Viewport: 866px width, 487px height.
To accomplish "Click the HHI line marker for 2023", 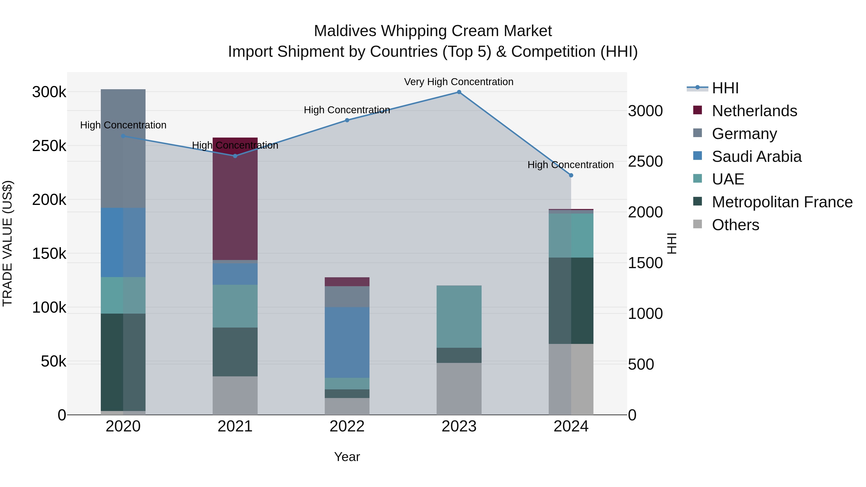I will pyautogui.click(x=459, y=92).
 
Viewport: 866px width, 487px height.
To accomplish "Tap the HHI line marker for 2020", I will pyautogui.click(x=123, y=136).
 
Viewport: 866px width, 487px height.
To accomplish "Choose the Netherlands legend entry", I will pyautogui.click(x=754, y=111).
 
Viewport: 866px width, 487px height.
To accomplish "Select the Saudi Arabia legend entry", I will pyautogui.click(x=756, y=157).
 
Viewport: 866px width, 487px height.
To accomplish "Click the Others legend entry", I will pyautogui.click(x=735, y=225).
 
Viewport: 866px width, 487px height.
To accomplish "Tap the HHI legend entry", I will pyautogui.click(x=725, y=88).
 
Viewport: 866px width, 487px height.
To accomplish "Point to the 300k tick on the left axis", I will pyautogui.click(x=49, y=92).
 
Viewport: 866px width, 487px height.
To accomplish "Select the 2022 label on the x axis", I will pyautogui.click(x=347, y=426).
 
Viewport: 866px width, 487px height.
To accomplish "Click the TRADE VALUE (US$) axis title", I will pyautogui.click(x=8, y=243).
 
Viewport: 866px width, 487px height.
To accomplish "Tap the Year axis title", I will pyautogui.click(x=347, y=457).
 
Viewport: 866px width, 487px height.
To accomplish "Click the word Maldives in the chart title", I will pyautogui.click(x=345, y=31).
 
